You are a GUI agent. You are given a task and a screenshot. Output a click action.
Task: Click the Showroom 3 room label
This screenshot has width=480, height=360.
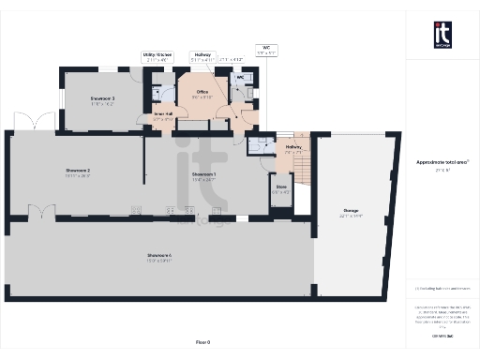102,99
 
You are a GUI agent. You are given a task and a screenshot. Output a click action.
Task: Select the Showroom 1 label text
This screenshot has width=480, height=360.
203,175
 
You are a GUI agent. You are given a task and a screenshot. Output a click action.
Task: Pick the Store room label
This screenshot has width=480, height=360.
281,189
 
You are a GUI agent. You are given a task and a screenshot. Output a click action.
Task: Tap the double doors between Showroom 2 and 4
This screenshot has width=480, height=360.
39,213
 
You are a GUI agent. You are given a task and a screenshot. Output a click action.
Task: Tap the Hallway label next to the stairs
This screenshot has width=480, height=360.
293,148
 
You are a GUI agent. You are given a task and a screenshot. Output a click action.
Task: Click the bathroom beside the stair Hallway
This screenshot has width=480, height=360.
258,145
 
